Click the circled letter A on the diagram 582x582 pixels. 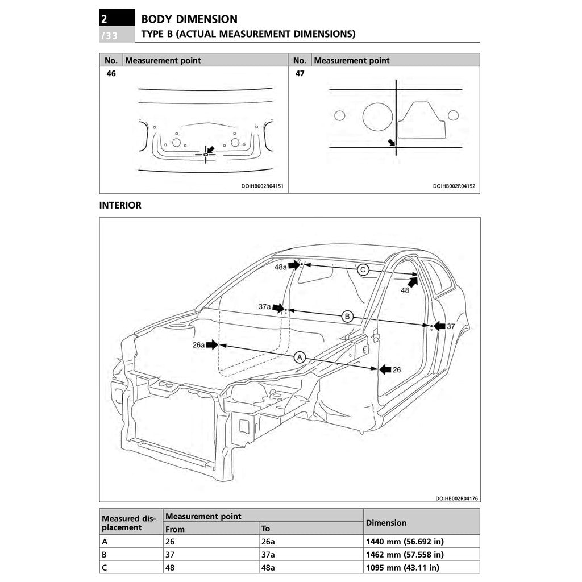pos(300,357)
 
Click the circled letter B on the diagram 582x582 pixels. pos(347,317)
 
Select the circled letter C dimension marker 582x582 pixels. pos(363,270)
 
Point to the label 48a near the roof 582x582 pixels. pos(281,267)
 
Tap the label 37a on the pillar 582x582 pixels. pos(264,307)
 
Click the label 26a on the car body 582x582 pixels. pos(198,344)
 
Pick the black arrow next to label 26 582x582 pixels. pos(385,369)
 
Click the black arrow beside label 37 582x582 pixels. pos(439,326)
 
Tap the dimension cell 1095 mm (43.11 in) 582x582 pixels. pos(402,567)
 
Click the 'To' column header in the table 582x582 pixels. pos(265,529)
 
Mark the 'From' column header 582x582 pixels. pos(175,529)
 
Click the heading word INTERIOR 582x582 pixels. pos(120,206)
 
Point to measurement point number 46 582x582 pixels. pos(111,74)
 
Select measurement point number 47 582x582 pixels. pos(300,74)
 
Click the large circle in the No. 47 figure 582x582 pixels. pos(377,117)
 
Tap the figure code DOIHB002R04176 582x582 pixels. pos(456,498)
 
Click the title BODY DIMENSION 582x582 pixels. pos(189,19)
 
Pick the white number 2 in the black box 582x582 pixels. pos(104,19)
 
